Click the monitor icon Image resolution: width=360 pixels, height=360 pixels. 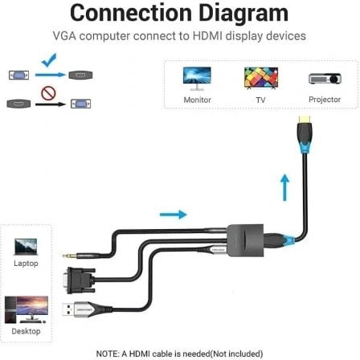click(197, 78)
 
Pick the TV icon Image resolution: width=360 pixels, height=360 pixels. click(259, 78)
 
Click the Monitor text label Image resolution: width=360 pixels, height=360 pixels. click(197, 100)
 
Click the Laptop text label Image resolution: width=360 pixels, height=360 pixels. click(25, 263)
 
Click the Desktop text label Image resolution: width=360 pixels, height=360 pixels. click(25, 329)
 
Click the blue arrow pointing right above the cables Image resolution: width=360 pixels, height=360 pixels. click(172, 214)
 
